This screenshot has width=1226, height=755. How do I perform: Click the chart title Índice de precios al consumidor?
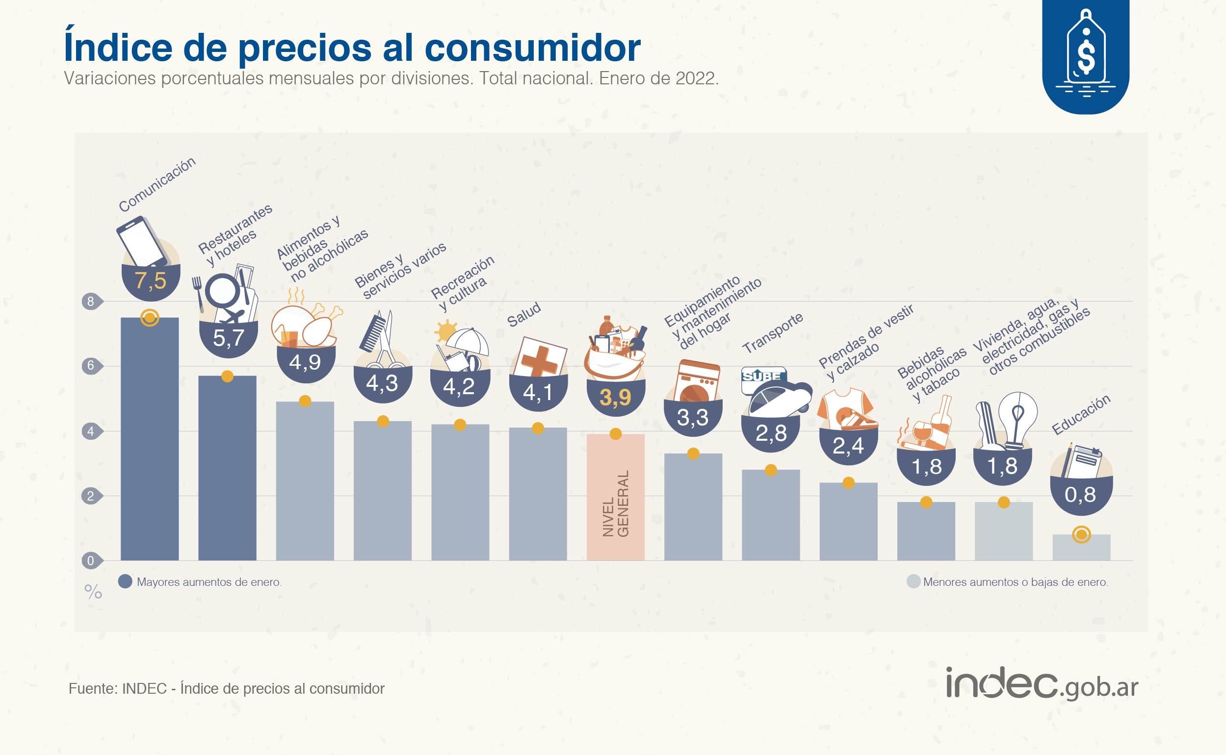[x=352, y=47]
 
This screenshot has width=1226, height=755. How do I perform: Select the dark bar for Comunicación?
[x=149, y=439]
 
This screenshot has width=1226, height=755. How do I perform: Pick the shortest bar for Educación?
[x=1081, y=548]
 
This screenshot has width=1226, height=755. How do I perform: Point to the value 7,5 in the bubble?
[x=151, y=280]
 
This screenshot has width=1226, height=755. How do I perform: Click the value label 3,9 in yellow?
[x=615, y=398]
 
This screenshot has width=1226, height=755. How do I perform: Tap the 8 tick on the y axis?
[x=91, y=301]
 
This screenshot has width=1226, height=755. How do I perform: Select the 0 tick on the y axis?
[x=91, y=560]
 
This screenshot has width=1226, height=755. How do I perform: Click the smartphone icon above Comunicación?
[x=142, y=241]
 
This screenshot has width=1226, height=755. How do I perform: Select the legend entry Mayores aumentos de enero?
[x=200, y=582]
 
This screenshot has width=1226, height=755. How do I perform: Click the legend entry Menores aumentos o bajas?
[x=1008, y=582]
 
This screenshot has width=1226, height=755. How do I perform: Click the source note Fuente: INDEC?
[x=226, y=689]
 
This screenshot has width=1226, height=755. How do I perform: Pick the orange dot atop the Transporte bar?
[x=771, y=470]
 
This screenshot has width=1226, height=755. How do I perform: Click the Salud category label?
[x=524, y=315]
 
